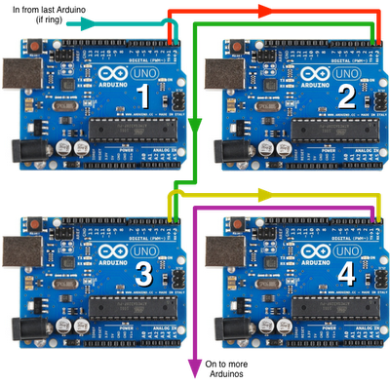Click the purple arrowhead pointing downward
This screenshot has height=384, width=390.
[194, 366]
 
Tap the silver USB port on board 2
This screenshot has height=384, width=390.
[225, 76]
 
